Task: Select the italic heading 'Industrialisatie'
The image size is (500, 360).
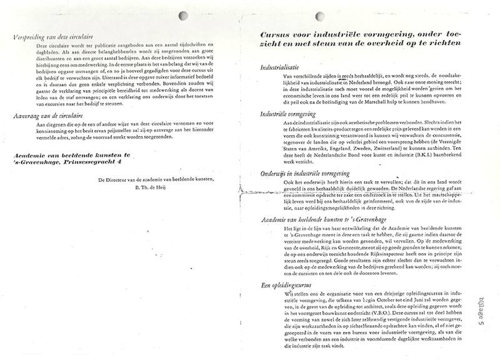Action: pyautogui.click(x=283, y=66)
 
